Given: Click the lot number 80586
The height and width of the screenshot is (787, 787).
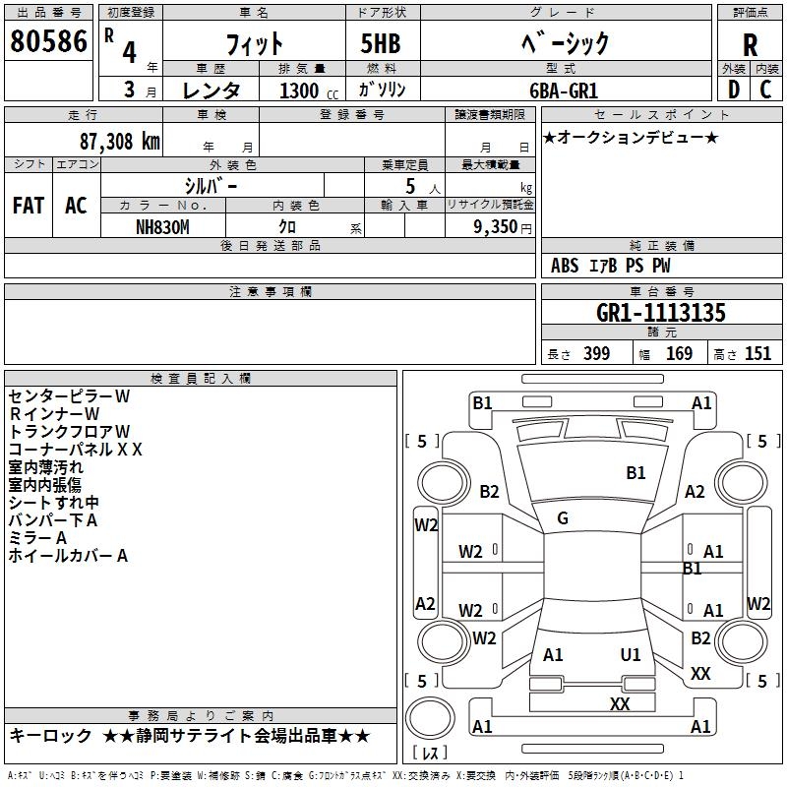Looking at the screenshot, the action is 48,41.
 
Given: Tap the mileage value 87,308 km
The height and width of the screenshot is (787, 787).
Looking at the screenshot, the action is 120,142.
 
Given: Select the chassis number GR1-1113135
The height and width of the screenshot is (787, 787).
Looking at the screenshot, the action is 661,313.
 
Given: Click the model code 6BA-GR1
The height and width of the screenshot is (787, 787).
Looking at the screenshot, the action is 564,91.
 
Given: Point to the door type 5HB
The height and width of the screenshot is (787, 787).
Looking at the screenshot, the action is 381,43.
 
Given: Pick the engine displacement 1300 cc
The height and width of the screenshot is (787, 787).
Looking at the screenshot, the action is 309,91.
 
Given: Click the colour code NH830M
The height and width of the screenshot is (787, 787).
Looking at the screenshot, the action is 162,227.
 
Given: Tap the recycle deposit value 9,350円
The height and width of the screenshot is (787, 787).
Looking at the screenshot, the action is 503,227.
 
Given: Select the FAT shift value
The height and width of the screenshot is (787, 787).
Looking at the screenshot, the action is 29,206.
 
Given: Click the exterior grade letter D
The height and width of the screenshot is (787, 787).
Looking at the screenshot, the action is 734,90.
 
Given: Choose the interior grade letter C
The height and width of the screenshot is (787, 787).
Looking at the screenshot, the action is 765,90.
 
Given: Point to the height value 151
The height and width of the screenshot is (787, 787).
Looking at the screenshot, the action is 757,353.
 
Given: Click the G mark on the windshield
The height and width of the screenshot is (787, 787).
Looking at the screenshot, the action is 563,518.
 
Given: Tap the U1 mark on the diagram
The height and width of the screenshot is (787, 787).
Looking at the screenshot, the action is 631,654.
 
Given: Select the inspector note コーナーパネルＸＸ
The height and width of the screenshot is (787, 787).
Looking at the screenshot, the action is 76,450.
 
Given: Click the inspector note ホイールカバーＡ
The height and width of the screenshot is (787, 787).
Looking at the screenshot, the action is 68,556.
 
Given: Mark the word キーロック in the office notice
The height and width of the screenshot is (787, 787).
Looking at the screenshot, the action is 50,736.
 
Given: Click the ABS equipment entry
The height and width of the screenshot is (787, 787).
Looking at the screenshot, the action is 565,266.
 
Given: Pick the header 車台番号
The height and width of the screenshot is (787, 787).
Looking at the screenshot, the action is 661,291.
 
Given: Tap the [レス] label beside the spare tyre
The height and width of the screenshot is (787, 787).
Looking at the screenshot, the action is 430,753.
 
